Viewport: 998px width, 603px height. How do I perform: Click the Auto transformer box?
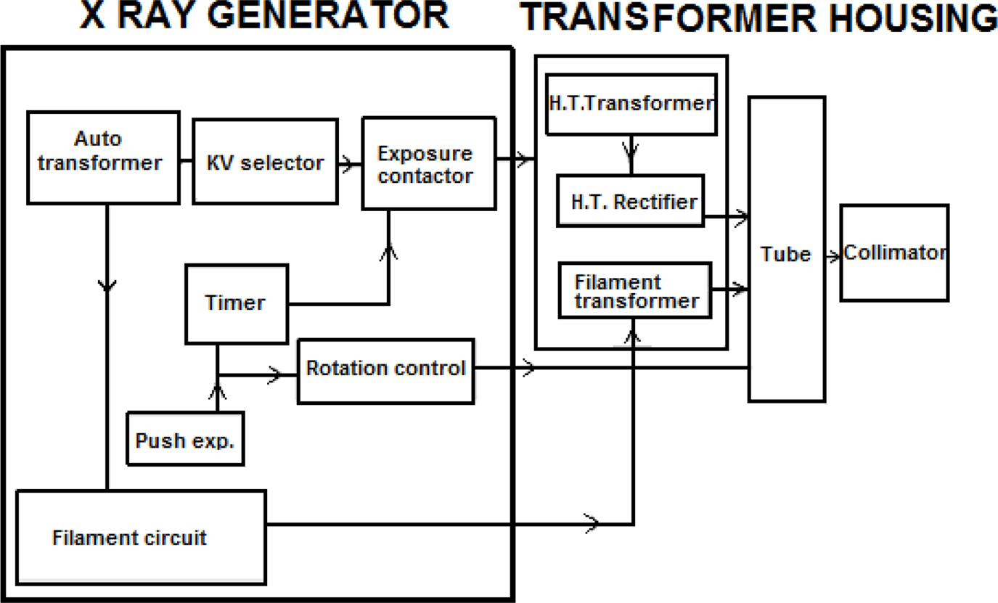coord(102,157)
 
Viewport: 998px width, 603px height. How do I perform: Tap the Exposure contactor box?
coord(428,164)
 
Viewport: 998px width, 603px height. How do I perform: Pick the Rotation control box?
coord(385,370)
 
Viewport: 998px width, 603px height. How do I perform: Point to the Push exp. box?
coord(185,439)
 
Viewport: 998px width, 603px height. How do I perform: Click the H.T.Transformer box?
coord(630,104)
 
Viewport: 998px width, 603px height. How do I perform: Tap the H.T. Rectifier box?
coord(630,201)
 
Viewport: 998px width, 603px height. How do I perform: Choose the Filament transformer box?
coord(634,291)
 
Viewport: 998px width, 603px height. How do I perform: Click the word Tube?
coord(785,254)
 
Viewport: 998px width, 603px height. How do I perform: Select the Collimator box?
coord(894,253)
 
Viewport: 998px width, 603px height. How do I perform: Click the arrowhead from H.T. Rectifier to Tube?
coord(740,215)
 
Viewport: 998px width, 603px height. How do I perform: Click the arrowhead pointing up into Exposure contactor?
coord(390,251)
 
